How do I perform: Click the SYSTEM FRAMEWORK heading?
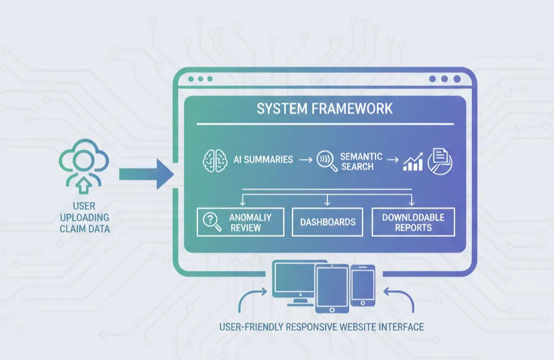click(325, 109)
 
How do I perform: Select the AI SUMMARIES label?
click(263, 160)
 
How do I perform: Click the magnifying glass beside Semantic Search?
click(326, 161)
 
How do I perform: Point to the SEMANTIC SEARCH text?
click(361, 161)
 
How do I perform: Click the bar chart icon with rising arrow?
click(413, 161)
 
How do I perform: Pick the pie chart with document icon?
click(440, 160)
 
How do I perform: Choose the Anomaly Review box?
click(240, 222)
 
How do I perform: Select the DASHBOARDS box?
click(327, 222)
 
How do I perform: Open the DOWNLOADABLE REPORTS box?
click(413, 222)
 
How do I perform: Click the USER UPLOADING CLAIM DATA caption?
click(83, 217)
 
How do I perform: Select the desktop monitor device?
click(293, 282)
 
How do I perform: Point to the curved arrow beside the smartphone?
click(400, 299)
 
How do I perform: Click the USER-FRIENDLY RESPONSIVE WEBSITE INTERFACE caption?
click(321, 327)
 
